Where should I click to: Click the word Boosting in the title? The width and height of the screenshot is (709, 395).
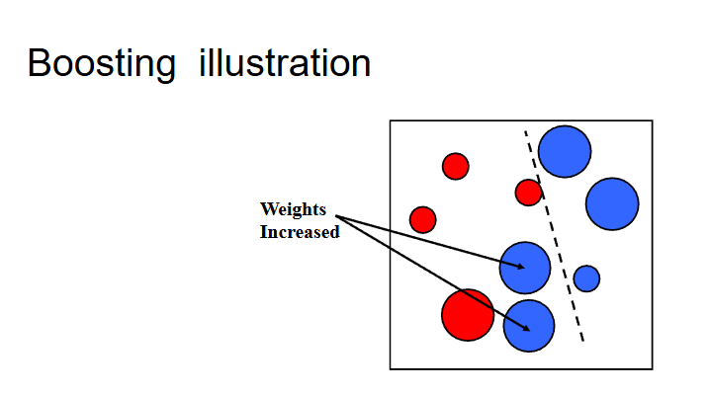[x=102, y=64]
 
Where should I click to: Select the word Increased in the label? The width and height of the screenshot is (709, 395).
[x=300, y=232]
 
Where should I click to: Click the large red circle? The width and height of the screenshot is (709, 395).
[x=467, y=315]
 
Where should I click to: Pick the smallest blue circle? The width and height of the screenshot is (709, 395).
[x=586, y=278]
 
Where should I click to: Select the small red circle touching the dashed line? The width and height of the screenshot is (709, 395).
[x=529, y=192]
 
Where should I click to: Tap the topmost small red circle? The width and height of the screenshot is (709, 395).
[x=455, y=166]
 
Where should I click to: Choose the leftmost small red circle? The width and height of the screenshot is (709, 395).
[x=422, y=219]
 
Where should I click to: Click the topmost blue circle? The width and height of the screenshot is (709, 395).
[x=565, y=152]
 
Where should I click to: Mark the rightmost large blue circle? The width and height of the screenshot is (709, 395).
[x=612, y=203]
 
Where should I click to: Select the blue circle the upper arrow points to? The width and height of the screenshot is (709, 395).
[x=524, y=267]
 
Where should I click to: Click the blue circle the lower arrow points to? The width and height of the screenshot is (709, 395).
[x=529, y=326]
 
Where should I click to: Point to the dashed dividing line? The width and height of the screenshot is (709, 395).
[x=554, y=237]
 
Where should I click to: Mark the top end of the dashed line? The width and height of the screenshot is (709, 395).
[x=525, y=132]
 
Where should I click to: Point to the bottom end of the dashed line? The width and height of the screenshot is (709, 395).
[x=582, y=342]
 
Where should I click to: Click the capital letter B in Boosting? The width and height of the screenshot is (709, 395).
[x=39, y=64]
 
